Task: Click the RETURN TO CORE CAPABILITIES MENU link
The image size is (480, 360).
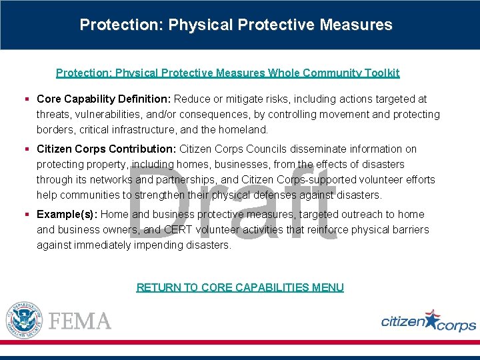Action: (x=240, y=287)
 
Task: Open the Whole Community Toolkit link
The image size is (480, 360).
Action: (x=227, y=73)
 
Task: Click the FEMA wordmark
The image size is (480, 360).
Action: (x=80, y=321)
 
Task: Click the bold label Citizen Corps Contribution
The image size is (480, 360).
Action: (x=107, y=149)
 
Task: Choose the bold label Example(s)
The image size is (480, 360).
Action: (x=67, y=214)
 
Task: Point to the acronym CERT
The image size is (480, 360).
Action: (x=177, y=229)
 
